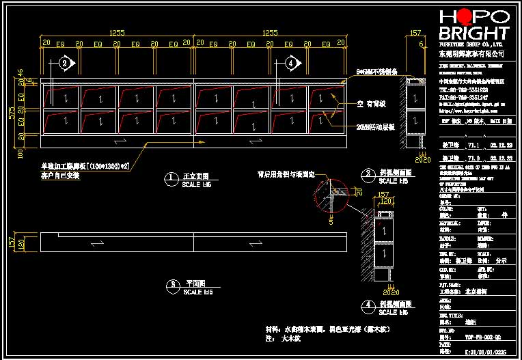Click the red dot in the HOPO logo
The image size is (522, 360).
(x=463, y=16)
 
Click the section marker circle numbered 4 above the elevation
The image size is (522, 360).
(x=292, y=64)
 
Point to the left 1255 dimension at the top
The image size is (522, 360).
(x=117, y=32)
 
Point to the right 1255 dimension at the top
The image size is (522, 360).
(x=270, y=32)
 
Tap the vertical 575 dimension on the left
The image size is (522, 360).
(x=12, y=113)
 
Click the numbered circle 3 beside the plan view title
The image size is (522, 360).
(x=173, y=283)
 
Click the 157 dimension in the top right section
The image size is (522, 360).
(x=415, y=32)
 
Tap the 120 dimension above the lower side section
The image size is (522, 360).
(x=386, y=202)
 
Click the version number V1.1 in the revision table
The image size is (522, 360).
(x=471, y=146)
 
